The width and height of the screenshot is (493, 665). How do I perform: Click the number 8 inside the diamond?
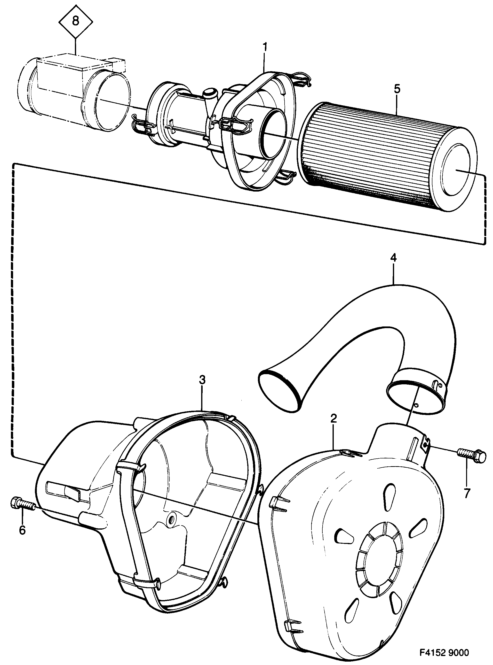(76, 22)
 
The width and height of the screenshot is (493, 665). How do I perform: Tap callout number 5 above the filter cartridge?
(397, 89)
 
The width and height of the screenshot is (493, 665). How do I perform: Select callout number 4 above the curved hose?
(394, 258)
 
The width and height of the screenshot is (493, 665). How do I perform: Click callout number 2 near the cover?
(334, 419)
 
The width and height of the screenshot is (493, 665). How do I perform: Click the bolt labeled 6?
(23, 504)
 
